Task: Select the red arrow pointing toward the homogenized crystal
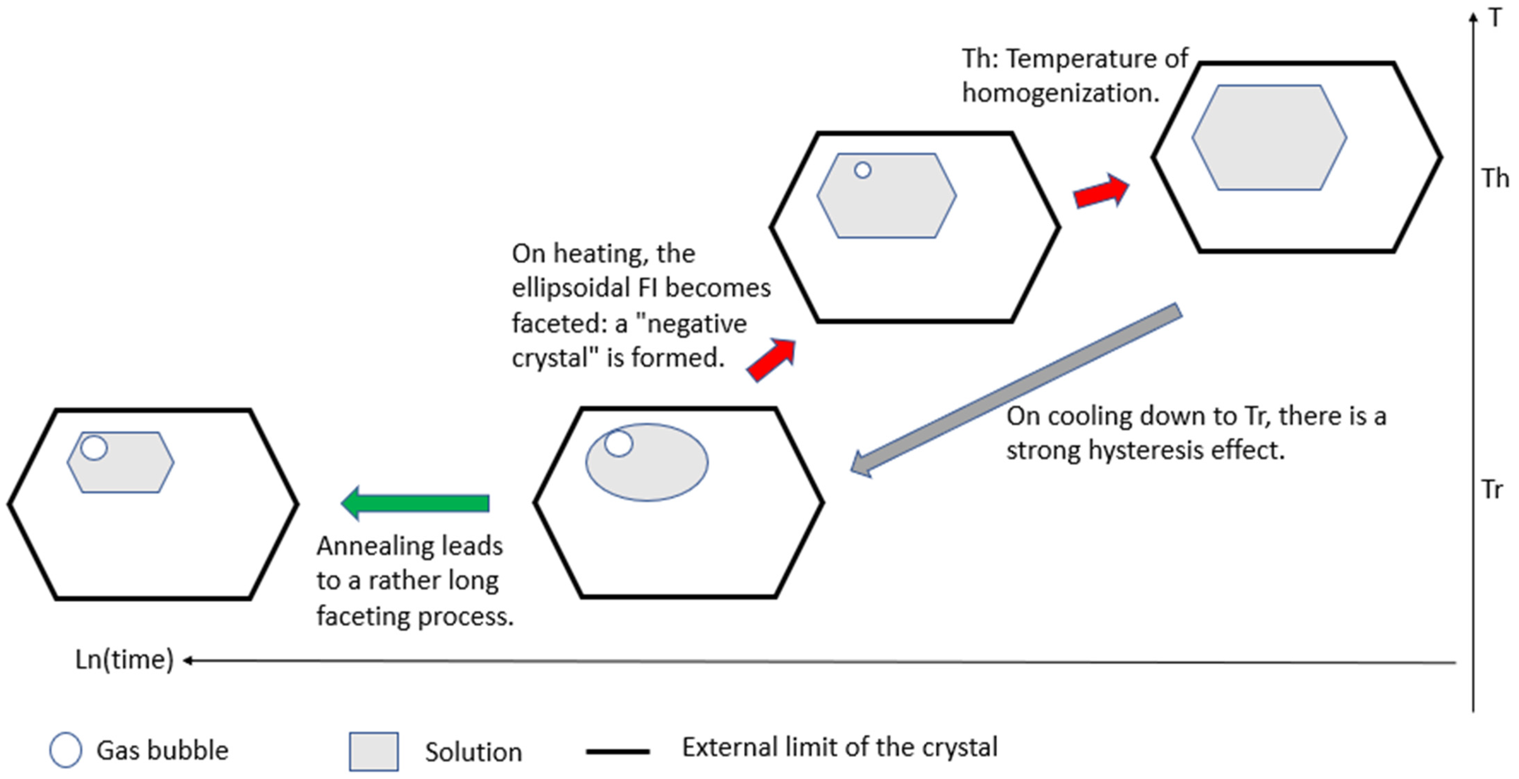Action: click(x=1100, y=191)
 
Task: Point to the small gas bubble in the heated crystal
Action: click(x=863, y=170)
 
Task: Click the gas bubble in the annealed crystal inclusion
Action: click(x=94, y=447)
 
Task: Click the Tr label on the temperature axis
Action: click(x=1492, y=490)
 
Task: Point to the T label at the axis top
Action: click(x=1495, y=18)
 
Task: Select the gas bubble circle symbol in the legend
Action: click(x=65, y=750)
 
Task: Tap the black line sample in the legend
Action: click(x=617, y=751)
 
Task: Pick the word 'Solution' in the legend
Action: click(x=473, y=752)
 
